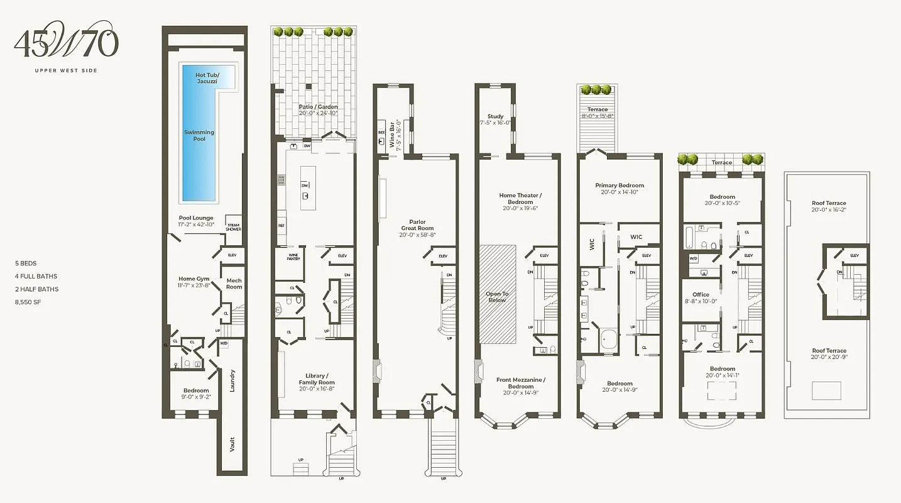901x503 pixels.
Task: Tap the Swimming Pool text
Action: click(199, 135)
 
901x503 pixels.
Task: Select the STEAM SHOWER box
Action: click(233, 226)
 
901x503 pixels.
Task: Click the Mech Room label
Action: click(234, 284)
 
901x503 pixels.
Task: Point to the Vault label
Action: click(232, 445)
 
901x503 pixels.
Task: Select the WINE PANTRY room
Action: click(293, 258)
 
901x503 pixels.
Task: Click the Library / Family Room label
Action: click(317, 382)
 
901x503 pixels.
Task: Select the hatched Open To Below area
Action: click(498, 294)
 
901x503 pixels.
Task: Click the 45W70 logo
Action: click(66, 43)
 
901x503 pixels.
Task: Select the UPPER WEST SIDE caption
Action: click(66, 70)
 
